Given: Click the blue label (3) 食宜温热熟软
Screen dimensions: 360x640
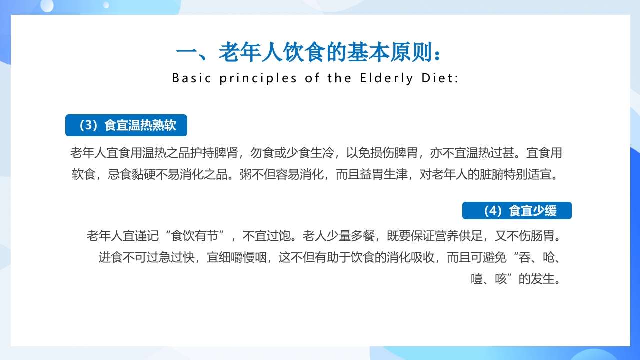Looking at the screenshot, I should (x=126, y=125).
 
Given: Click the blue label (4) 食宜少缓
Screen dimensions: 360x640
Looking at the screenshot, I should (x=517, y=211).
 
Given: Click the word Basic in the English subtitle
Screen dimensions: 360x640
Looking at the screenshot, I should (x=191, y=78).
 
